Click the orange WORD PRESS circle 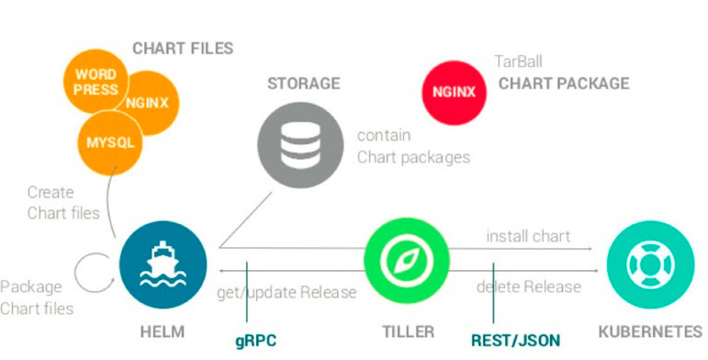(x=96, y=81)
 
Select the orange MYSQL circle (x=110, y=142)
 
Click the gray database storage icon (x=300, y=145)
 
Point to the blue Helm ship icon (x=163, y=264)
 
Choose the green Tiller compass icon (x=407, y=261)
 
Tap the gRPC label (x=255, y=341)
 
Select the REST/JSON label (x=516, y=340)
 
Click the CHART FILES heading (x=183, y=49)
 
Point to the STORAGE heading (x=303, y=84)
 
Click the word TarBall (x=518, y=61)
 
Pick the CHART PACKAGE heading (x=564, y=84)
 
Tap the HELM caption (x=163, y=332)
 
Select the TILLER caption (x=409, y=332)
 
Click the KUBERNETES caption (x=651, y=332)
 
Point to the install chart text (x=528, y=236)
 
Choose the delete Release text (x=529, y=287)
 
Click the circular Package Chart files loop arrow (x=75, y=273)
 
